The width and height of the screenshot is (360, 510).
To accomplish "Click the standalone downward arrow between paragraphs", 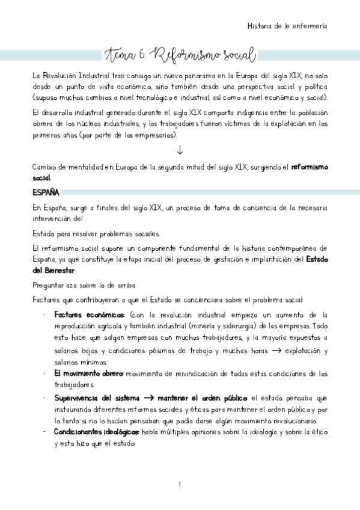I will click(180, 150).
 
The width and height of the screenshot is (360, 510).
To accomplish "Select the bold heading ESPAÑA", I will click(46, 192).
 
